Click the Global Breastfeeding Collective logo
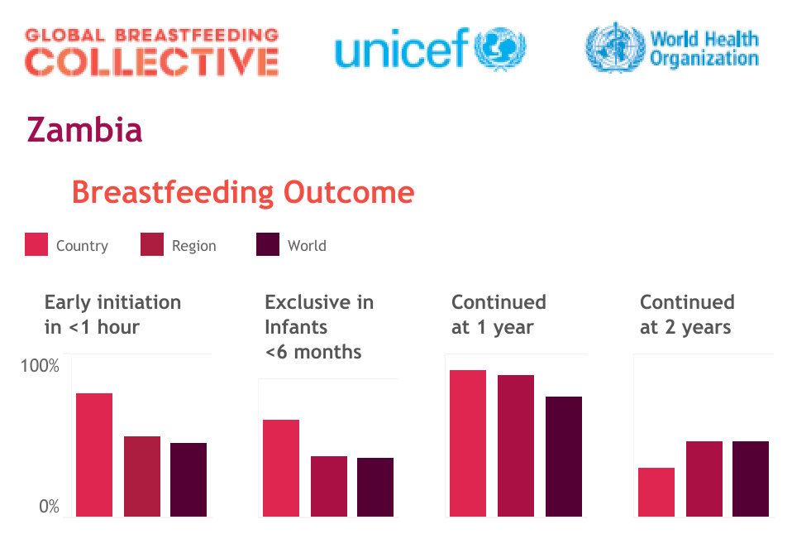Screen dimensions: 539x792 coord(151,51)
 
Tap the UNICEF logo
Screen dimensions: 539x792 coord(430,49)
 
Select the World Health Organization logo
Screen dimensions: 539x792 coord(671,48)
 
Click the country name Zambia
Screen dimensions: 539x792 coord(84,130)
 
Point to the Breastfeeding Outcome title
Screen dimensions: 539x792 coord(243,192)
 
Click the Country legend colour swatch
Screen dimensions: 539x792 coord(36,245)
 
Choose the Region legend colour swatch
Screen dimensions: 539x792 coord(152,245)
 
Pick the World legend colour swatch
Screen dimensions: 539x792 coord(268,245)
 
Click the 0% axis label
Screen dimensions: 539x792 coord(49,507)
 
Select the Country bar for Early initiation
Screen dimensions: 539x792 coord(94,455)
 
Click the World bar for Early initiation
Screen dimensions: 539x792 coord(188,479)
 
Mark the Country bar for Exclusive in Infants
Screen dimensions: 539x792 coord(281,468)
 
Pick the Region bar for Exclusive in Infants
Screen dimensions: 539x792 coord(329,486)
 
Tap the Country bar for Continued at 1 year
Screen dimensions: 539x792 coord(468,443)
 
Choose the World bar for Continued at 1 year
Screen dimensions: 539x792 coord(564,456)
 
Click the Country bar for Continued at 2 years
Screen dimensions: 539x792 coord(656,492)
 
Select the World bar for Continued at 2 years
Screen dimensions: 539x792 coord(751,479)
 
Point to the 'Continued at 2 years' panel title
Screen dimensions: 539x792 coord(686,315)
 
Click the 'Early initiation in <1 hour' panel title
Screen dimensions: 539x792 coord(112,315)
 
